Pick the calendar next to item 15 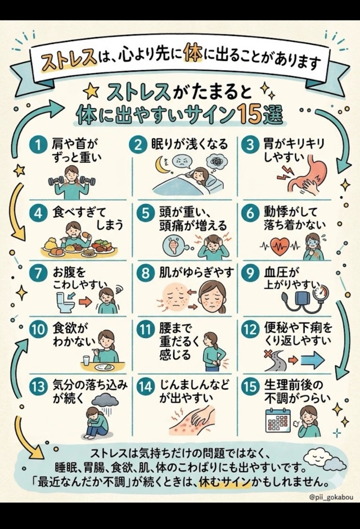(278, 420)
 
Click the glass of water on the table (86, 360)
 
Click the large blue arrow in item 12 (313, 360)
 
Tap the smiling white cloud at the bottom (317, 457)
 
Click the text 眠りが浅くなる (190, 145)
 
